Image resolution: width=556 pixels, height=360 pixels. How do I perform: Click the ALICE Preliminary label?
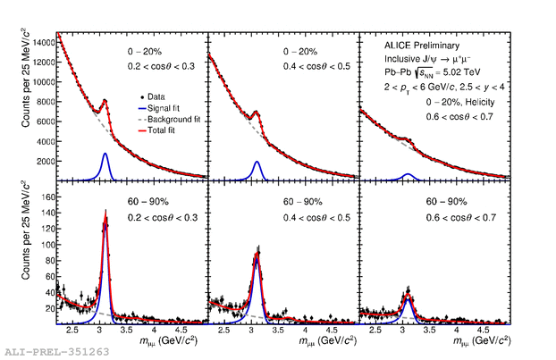point(413,42)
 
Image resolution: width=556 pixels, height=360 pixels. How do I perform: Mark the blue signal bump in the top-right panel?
point(408,175)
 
